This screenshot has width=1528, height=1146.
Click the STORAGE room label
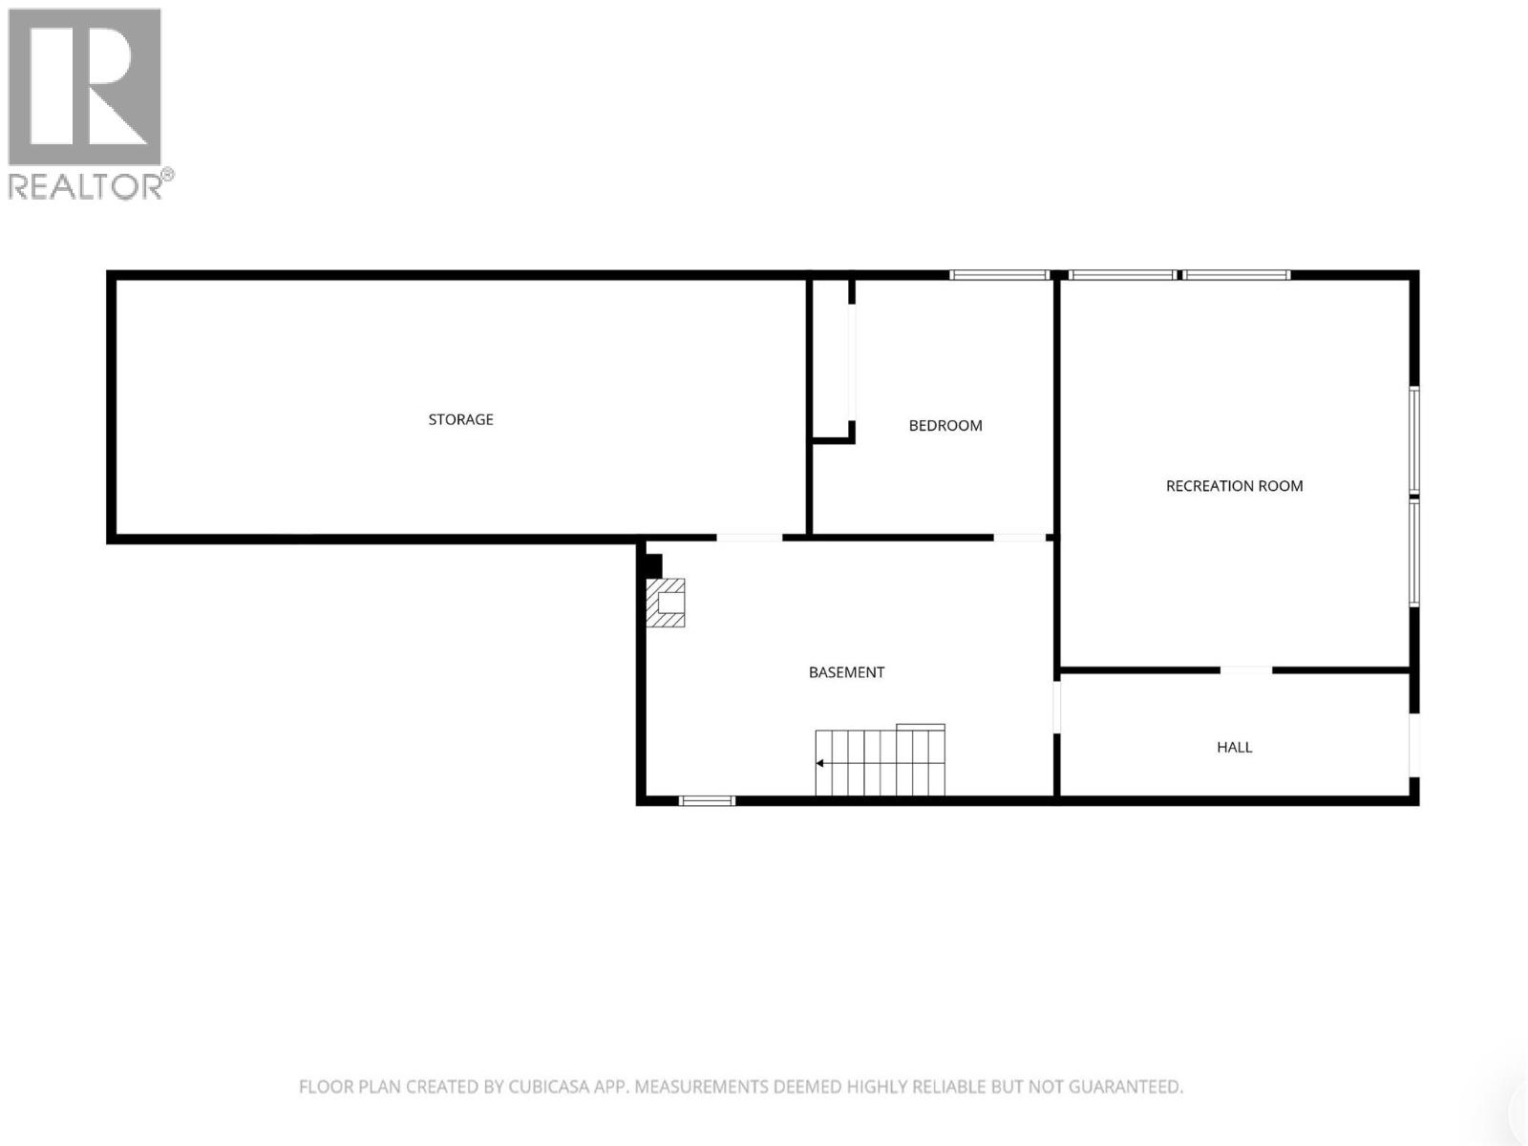coord(460,419)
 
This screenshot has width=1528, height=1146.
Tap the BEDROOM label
coord(945,426)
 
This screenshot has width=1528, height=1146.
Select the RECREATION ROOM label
coord(1234,486)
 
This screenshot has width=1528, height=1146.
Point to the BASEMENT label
coord(846,672)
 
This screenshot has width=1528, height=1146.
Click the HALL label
coord(1234,748)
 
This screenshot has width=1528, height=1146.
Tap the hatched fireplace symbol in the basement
coord(666,603)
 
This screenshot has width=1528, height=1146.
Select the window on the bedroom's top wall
coord(999,275)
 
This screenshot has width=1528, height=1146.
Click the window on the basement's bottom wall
coord(707,800)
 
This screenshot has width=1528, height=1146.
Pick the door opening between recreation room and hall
coord(1246,670)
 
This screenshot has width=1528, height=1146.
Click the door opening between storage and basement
coord(749,538)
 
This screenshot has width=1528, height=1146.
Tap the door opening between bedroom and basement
coord(1020,538)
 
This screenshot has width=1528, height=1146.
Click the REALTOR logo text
coord(86,186)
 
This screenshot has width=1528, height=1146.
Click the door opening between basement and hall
coord(1057,707)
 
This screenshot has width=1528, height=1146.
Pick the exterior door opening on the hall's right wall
coord(1414,745)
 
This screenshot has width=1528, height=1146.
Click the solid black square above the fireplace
coord(654,566)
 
